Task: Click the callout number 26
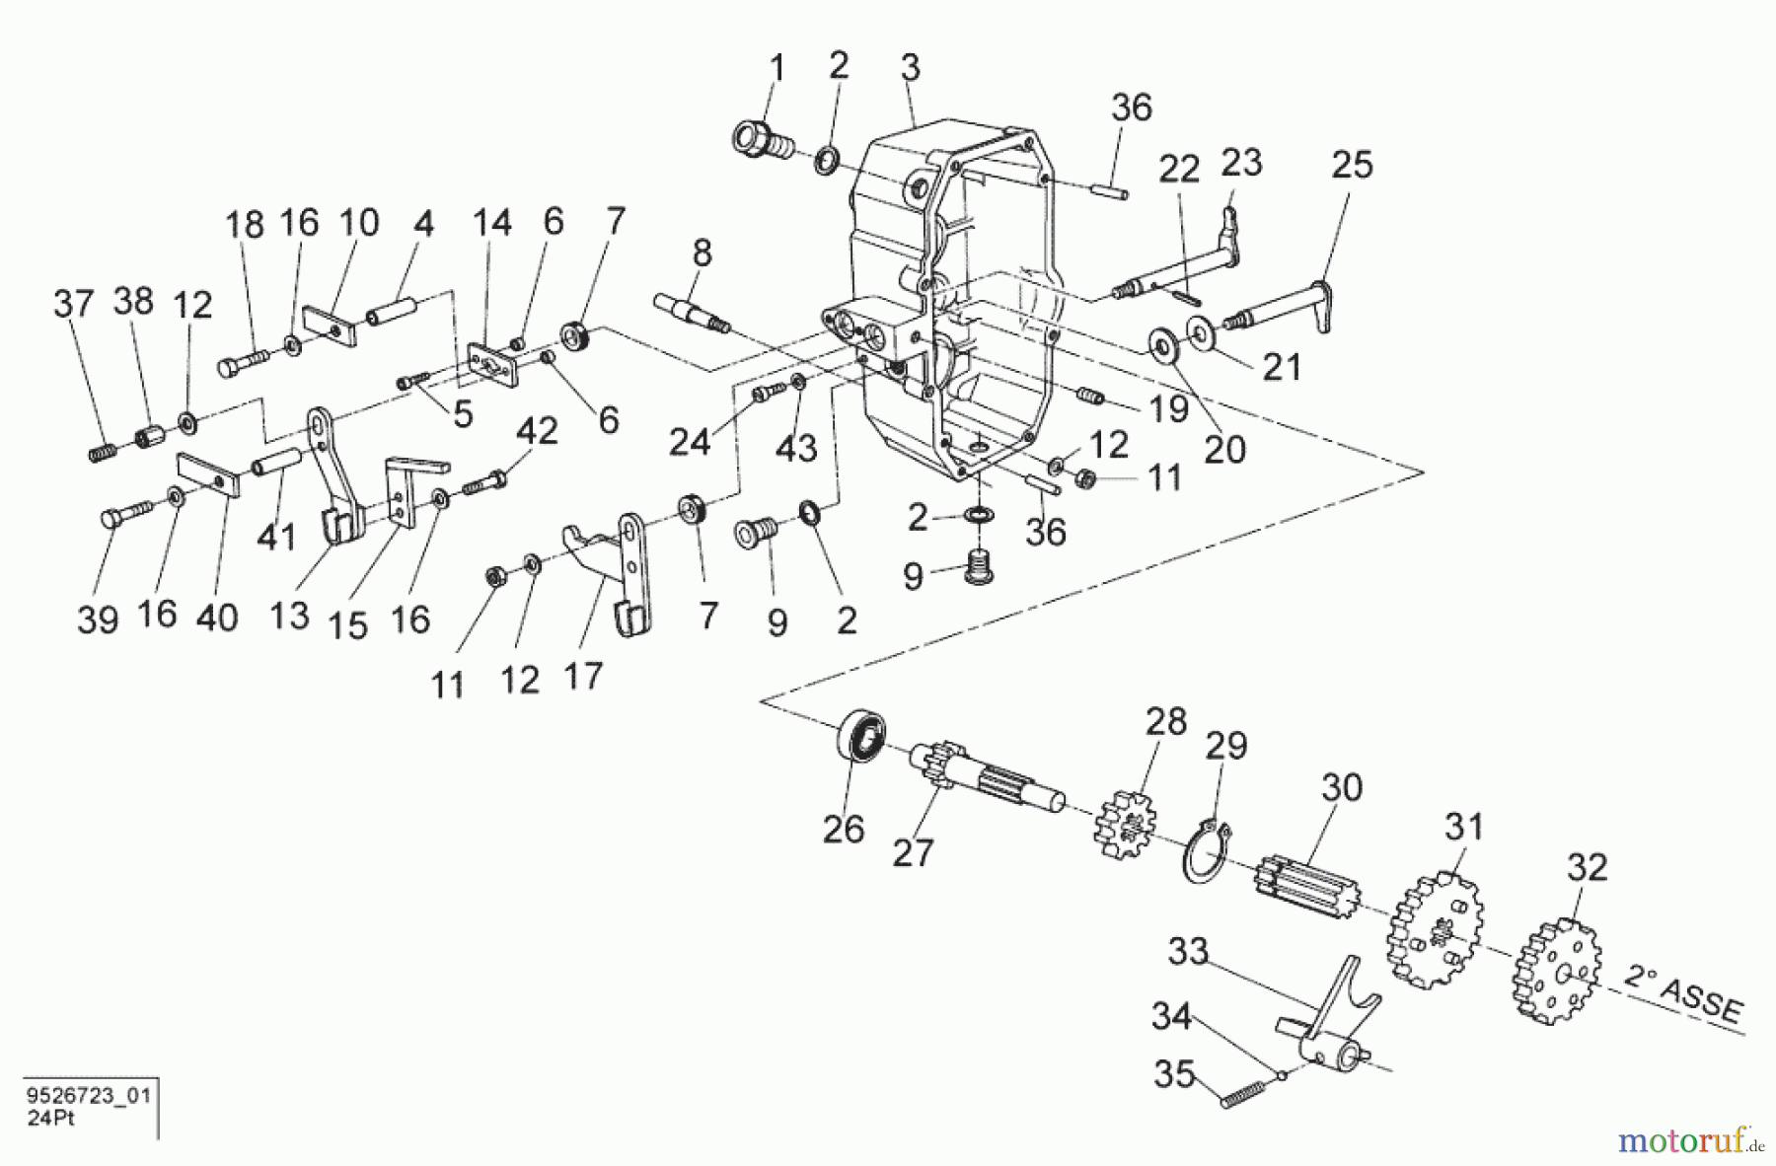point(843,829)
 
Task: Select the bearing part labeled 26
point(860,737)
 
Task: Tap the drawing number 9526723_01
point(89,1096)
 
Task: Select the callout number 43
point(795,448)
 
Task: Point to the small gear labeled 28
point(1124,818)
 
